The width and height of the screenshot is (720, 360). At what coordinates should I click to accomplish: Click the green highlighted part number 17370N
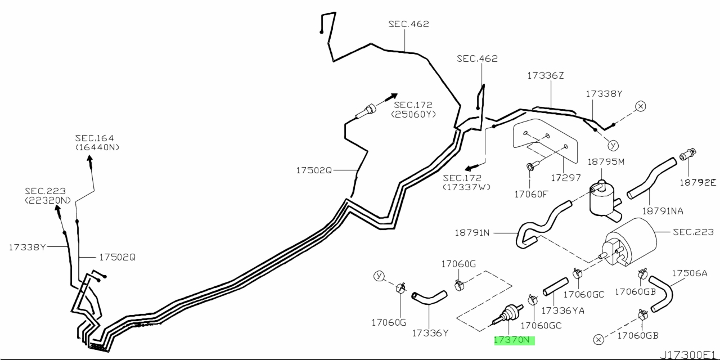click(x=514, y=340)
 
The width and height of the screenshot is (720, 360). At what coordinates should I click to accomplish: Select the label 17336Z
click(x=546, y=75)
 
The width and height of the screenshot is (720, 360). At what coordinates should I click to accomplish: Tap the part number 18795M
click(x=606, y=161)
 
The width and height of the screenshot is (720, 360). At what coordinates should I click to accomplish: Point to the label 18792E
click(x=698, y=183)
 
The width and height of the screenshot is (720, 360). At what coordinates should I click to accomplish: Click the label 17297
click(x=566, y=178)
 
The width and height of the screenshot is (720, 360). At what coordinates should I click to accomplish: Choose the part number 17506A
click(x=690, y=273)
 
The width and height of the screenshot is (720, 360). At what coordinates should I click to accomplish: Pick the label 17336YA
click(x=563, y=310)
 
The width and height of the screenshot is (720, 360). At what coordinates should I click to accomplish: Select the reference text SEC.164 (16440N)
click(x=97, y=142)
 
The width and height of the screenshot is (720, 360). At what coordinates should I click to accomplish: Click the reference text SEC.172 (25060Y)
click(x=413, y=110)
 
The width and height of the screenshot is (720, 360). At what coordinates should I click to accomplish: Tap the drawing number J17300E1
click(x=690, y=355)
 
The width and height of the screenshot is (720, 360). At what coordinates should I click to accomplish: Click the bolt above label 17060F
click(x=532, y=166)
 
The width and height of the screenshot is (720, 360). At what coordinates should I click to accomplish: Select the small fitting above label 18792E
click(x=688, y=154)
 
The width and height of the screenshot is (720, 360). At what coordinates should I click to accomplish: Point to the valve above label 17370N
click(x=507, y=314)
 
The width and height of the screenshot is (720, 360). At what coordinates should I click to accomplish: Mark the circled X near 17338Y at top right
click(x=640, y=106)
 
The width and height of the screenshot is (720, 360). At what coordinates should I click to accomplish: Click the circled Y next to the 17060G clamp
click(x=379, y=276)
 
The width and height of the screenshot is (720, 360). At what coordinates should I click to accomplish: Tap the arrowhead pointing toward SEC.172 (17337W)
click(x=469, y=168)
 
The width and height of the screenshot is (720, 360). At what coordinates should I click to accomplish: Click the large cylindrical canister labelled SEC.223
click(x=631, y=242)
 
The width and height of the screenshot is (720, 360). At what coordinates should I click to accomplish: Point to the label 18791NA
click(x=663, y=211)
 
